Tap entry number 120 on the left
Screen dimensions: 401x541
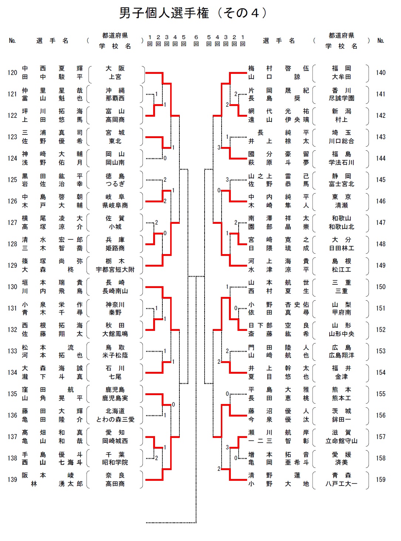pos(12,73)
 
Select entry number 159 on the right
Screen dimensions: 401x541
pos(381,480)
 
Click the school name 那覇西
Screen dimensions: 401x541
pos(115,98)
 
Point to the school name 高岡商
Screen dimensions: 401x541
pos(115,120)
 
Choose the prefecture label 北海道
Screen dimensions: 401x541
pos(115,411)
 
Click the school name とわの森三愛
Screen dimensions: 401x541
pos(115,420)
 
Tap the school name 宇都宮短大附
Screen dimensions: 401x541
pos(115,270)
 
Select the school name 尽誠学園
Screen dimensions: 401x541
pos(341,98)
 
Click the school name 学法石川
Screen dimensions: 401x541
pos(341,162)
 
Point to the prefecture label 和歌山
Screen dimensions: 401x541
pos(341,218)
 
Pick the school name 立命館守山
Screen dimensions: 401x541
pos(341,441)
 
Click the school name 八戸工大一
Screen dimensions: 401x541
pos(341,484)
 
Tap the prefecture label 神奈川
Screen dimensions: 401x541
pos(115,305)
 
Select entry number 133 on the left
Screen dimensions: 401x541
pos(12,351)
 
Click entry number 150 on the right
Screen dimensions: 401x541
pos(381,287)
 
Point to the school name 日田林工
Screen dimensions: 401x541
pos(341,248)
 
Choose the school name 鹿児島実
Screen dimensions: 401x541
pos(115,398)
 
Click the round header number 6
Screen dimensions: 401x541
pos(196,37)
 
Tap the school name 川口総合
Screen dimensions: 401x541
pos(341,141)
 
